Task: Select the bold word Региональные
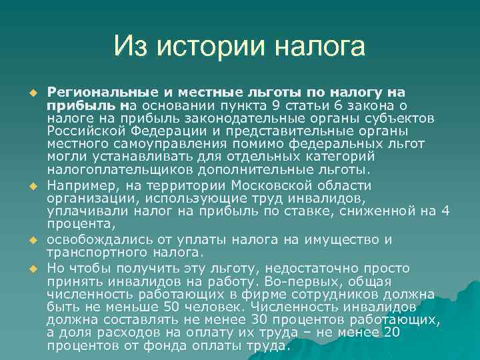click(99, 91)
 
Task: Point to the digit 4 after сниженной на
click(445, 211)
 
